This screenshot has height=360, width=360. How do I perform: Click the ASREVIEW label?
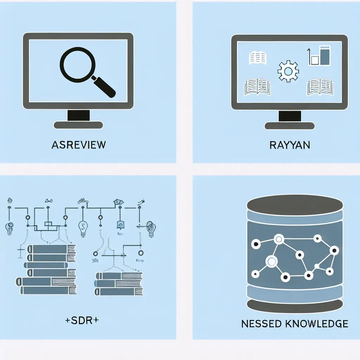(x=78, y=144)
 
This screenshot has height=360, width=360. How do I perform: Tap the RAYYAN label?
(x=290, y=144)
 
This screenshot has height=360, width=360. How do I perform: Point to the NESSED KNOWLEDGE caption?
(x=295, y=323)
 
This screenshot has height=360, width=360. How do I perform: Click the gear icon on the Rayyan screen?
(x=288, y=71)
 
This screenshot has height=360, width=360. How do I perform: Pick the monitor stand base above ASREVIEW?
(x=78, y=125)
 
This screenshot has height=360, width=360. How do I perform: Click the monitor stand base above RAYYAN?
(x=290, y=126)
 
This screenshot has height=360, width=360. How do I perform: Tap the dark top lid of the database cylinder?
(x=295, y=204)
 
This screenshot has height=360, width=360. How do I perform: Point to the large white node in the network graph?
(x=271, y=261)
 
